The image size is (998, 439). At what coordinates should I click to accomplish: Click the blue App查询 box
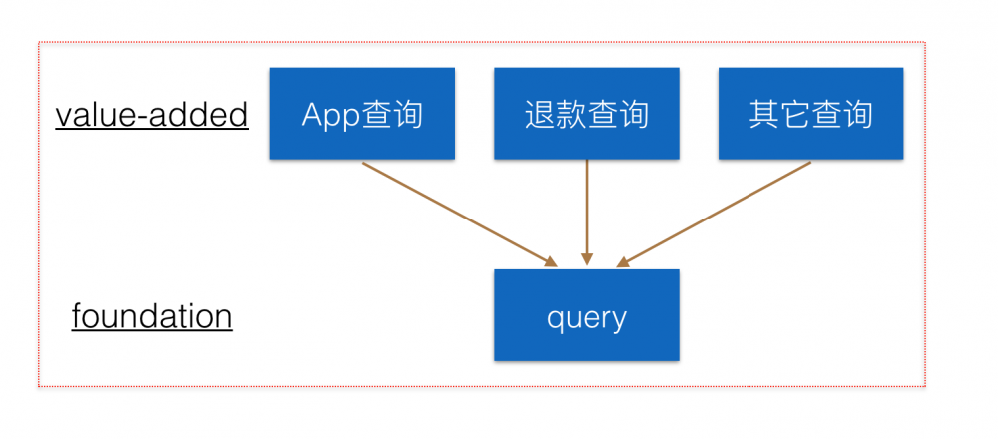point(362,114)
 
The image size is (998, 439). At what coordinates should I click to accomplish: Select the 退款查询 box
point(586,114)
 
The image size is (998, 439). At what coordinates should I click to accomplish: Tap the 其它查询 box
point(810,114)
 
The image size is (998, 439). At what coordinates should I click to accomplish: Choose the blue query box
point(586,315)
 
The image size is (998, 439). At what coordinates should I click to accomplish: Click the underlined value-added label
point(152,115)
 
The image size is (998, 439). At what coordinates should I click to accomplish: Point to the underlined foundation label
point(152,317)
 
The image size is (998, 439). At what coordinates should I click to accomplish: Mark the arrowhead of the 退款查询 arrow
point(587,262)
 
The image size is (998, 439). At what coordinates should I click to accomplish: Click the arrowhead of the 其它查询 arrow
point(623,262)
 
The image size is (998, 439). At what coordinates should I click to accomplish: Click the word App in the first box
point(331,115)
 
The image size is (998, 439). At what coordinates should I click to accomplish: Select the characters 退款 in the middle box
point(555,115)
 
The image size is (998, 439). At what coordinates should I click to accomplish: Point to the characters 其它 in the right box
point(779,115)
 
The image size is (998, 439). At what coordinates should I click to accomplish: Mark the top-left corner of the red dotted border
point(39,43)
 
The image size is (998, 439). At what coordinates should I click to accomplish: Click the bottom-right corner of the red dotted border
point(925,386)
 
